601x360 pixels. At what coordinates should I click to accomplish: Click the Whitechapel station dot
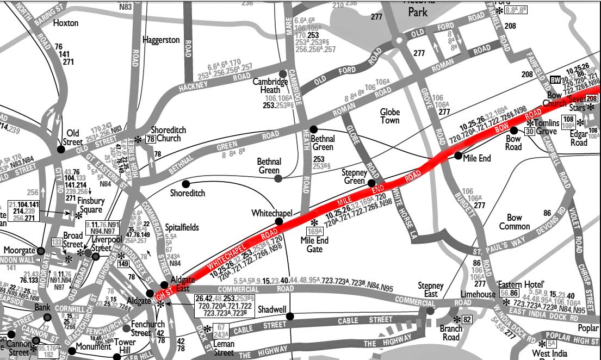click(x=279, y=221)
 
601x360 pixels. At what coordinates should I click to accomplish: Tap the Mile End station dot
click(x=458, y=156)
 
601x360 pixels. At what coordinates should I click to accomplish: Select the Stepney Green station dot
click(x=371, y=183)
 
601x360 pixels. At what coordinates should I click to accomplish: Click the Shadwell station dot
click(x=290, y=316)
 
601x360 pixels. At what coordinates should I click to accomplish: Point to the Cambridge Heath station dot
click(x=282, y=73)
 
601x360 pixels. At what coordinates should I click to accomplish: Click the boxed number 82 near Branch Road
click(x=467, y=319)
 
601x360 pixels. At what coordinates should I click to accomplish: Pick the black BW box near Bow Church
click(x=555, y=79)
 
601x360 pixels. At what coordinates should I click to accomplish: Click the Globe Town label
click(x=389, y=116)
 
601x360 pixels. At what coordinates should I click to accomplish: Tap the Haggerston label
click(x=161, y=40)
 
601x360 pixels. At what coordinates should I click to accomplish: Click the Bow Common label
click(x=514, y=222)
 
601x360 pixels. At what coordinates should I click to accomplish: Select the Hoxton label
click(x=66, y=23)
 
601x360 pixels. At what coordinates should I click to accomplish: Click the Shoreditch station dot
click(x=186, y=184)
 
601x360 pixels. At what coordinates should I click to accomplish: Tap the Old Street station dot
click(x=61, y=149)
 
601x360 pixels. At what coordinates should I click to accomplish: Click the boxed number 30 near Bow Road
click(x=529, y=131)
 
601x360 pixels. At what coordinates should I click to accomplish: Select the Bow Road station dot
click(x=514, y=131)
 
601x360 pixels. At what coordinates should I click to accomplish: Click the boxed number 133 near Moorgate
click(x=57, y=241)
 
